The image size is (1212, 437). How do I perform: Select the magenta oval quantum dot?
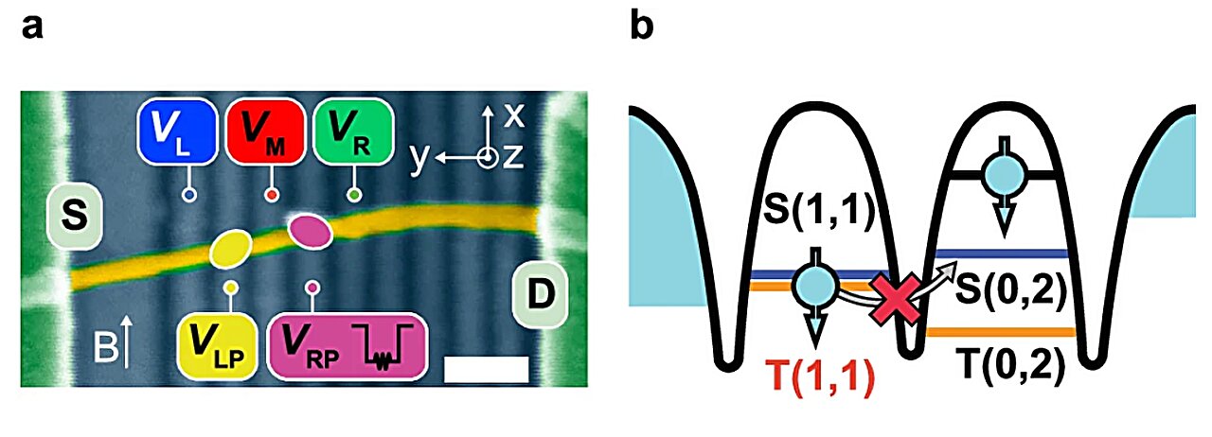pyautogui.click(x=309, y=228)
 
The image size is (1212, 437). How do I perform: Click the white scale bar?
pyautogui.click(x=486, y=369)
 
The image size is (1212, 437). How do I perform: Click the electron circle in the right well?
pyautogui.click(x=1004, y=174)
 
